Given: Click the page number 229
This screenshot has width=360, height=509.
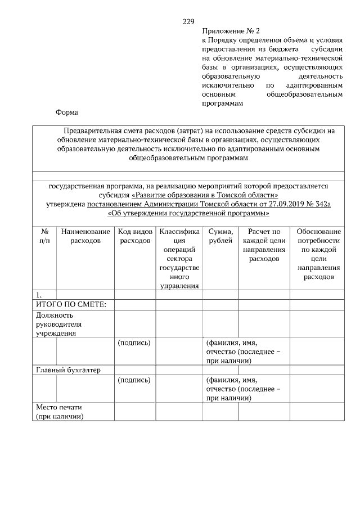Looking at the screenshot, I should coord(188,22).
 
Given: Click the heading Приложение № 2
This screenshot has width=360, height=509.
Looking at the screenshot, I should coord(231,31).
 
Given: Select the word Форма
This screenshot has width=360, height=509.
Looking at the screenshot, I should coord(66,112).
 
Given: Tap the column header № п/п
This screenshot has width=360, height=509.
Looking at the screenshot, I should coord(44,236).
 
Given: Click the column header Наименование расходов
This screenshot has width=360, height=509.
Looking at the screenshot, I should coord(85,236).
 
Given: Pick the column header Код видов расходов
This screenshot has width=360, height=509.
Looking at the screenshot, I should coord(135,236).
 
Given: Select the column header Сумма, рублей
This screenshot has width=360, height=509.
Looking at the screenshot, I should coord(220,236).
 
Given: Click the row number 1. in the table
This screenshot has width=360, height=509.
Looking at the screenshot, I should coord(39,295).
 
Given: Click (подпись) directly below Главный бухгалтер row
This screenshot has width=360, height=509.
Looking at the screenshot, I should coord(134,380).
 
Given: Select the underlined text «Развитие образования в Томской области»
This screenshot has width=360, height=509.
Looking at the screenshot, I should coord(205,195).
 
